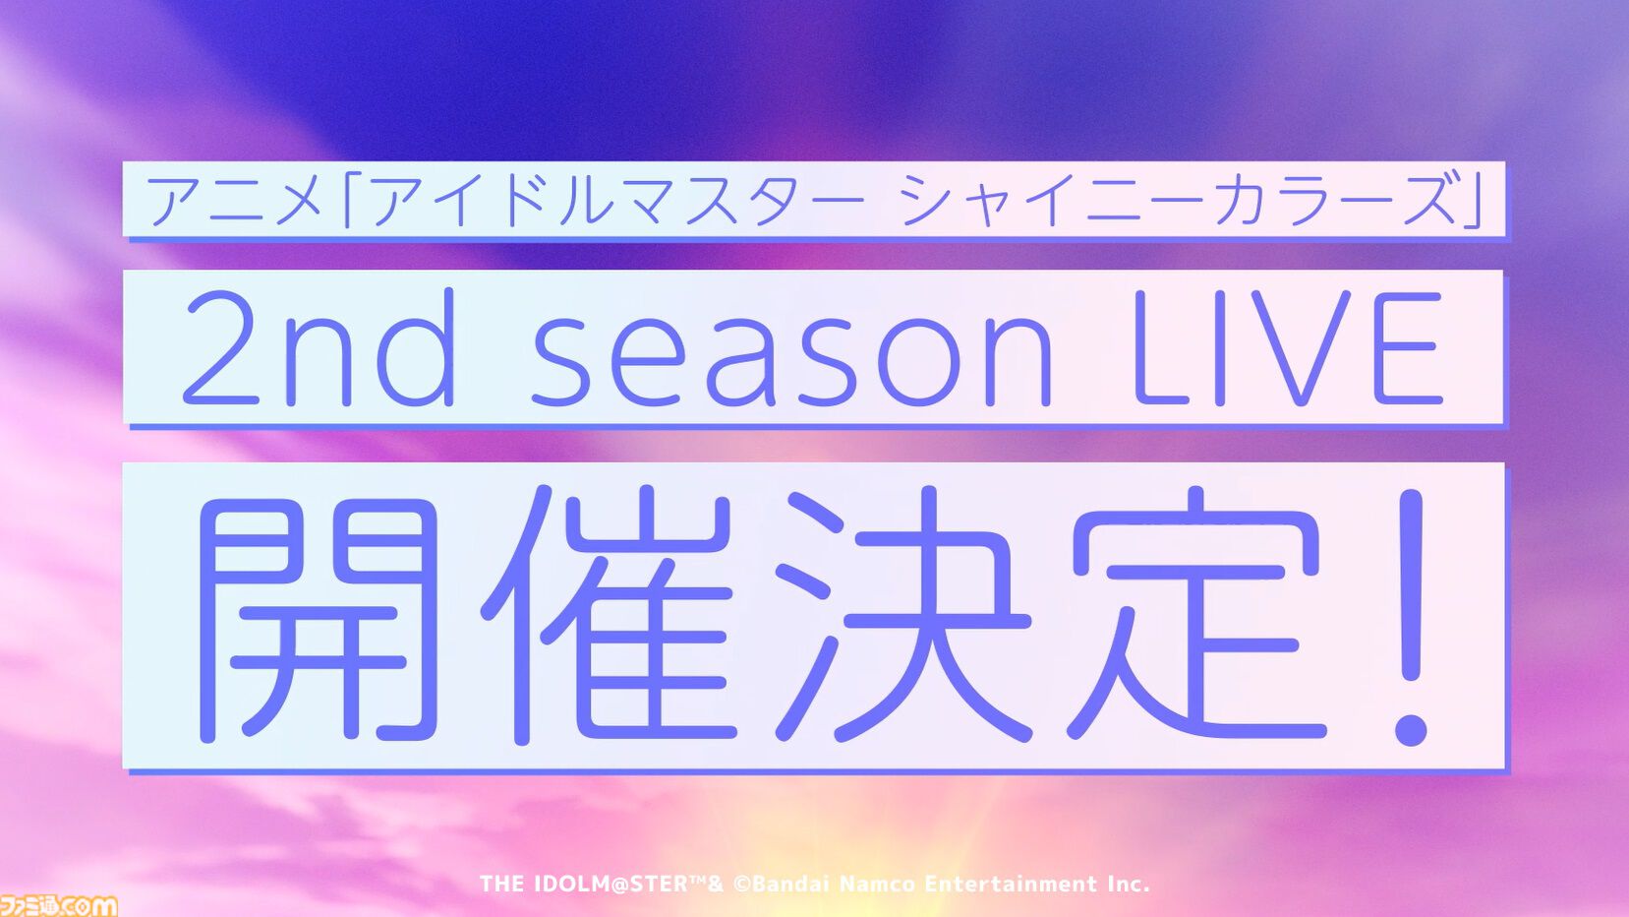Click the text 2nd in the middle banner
pyautogui.click(x=319, y=348)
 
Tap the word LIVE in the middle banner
pyautogui.click(x=1288, y=348)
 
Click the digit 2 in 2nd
pyautogui.click(x=221, y=348)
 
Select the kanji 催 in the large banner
pyautogui.click(x=605, y=615)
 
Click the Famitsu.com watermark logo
pyautogui.click(x=58, y=904)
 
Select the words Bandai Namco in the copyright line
pyautogui.click(x=834, y=885)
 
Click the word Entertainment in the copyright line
pyautogui.click(x=1011, y=885)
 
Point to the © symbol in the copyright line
pyautogui.click(x=741, y=885)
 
